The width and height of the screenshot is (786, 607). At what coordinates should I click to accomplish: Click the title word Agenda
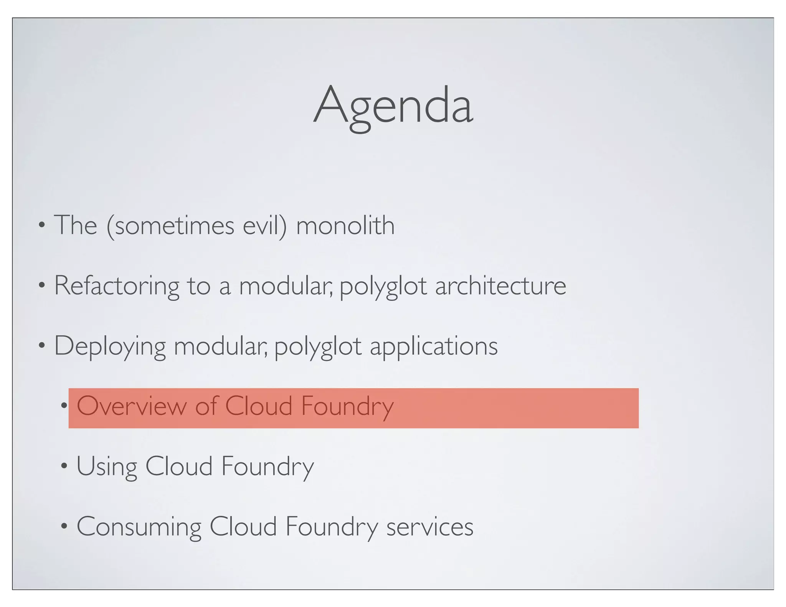click(393, 106)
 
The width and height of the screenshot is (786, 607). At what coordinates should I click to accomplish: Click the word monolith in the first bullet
click(345, 225)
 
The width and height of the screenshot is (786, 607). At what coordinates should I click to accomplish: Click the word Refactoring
click(116, 286)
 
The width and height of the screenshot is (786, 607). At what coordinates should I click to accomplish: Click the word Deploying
click(110, 346)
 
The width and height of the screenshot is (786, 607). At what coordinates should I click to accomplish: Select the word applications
click(434, 346)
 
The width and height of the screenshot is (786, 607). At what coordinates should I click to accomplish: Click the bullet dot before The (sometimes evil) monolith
click(41, 225)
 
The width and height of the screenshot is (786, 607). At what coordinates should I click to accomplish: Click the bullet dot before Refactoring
click(41, 285)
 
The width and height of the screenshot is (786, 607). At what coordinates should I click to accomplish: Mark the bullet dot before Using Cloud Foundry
click(64, 467)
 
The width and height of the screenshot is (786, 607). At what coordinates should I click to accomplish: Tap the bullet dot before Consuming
click(64, 527)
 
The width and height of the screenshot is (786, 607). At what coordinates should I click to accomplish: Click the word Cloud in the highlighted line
click(258, 406)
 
